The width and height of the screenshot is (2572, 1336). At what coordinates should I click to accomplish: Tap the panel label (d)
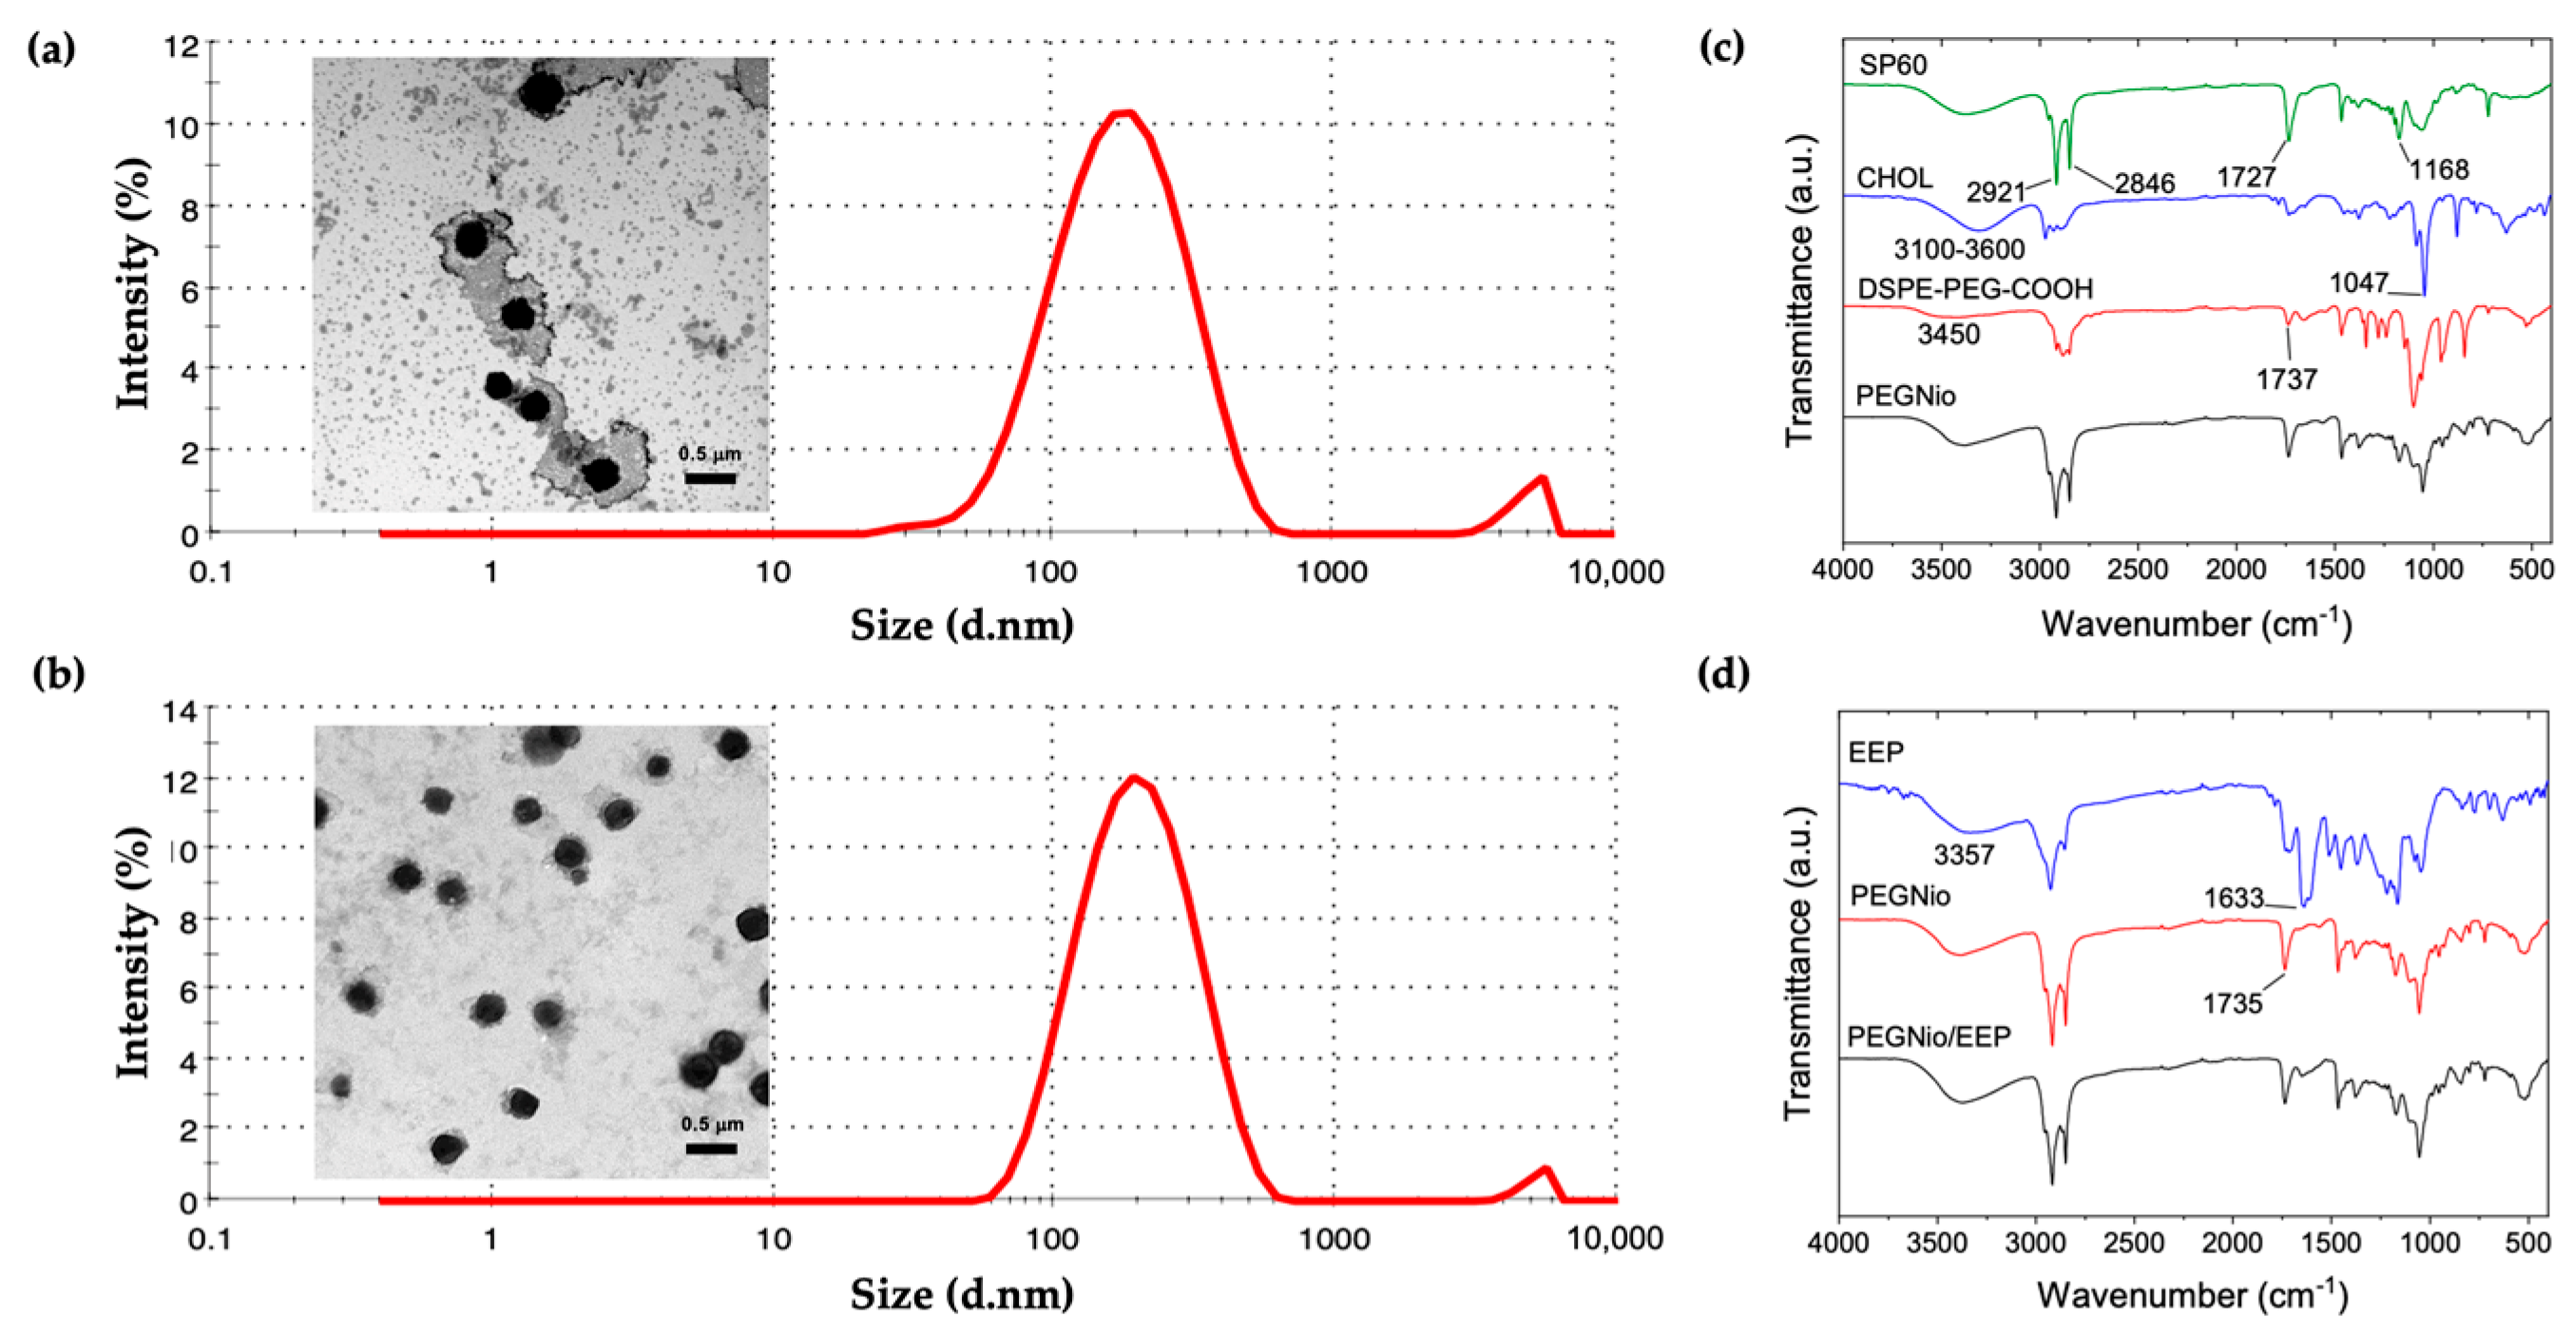[x=1723, y=673]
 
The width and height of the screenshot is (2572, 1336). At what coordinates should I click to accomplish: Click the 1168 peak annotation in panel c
[x=2438, y=170]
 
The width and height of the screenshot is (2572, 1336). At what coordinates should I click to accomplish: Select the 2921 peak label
[x=1995, y=191]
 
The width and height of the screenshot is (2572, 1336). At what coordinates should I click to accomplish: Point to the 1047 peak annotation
[x=2358, y=282]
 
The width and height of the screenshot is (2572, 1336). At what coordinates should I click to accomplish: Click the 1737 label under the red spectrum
[x=2286, y=378]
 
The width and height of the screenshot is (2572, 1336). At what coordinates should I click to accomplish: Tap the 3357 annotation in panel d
[x=1964, y=855]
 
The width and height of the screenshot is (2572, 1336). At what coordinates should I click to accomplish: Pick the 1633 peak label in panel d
[x=2234, y=899]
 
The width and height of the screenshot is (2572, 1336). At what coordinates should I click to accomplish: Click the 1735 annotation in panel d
[x=2233, y=1002]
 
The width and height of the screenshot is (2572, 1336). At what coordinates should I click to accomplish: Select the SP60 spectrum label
[x=1892, y=65]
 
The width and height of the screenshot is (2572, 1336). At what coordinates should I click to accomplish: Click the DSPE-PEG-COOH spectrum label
[x=1974, y=290]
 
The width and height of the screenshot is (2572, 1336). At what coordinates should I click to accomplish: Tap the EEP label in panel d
[x=1875, y=752]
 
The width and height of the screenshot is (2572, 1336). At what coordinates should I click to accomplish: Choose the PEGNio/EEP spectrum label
[x=1928, y=1036]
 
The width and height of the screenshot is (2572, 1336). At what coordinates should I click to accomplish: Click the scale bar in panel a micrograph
[x=710, y=478]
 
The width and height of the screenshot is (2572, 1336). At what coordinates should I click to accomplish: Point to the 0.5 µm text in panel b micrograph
[x=712, y=1124]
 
